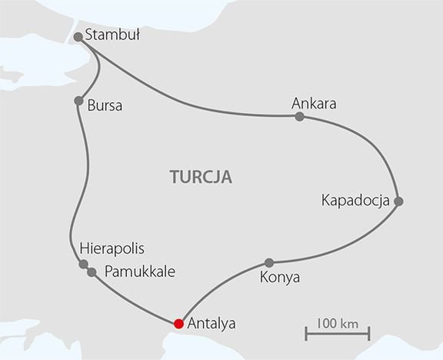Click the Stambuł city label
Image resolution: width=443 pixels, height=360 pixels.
pyautogui.click(x=114, y=35)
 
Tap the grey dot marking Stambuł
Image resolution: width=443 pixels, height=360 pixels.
pyautogui.click(x=78, y=36)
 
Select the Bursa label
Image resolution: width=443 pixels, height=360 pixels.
pyautogui.click(x=105, y=105)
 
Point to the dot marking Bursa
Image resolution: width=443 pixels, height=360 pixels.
pyautogui.click(x=78, y=101)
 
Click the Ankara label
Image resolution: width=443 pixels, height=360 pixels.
pyautogui.click(x=315, y=103)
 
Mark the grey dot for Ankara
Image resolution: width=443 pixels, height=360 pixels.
pyautogui.click(x=299, y=117)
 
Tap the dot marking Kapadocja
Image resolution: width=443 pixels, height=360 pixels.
pyautogui.click(x=398, y=202)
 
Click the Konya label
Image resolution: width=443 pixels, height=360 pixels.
pyautogui.click(x=281, y=277)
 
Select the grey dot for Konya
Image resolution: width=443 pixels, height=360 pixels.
pyautogui.click(x=268, y=262)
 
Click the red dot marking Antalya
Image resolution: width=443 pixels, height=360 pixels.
pyautogui.click(x=178, y=323)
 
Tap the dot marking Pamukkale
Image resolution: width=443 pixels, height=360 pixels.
pyautogui.click(x=92, y=272)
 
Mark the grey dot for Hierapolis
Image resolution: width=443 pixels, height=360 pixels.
pyautogui.click(x=83, y=265)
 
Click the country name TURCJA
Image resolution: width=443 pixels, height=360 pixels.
pyautogui.click(x=201, y=177)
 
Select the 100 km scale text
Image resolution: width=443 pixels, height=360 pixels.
pyautogui.click(x=335, y=318)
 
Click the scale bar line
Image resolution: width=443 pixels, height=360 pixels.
pyautogui.click(x=335, y=333)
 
